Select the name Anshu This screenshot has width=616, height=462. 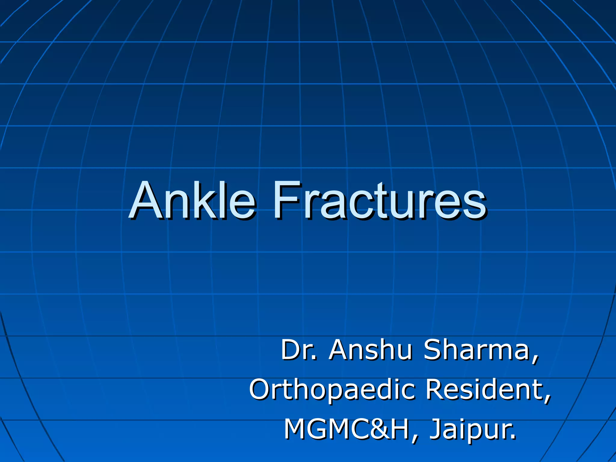point(370,350)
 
